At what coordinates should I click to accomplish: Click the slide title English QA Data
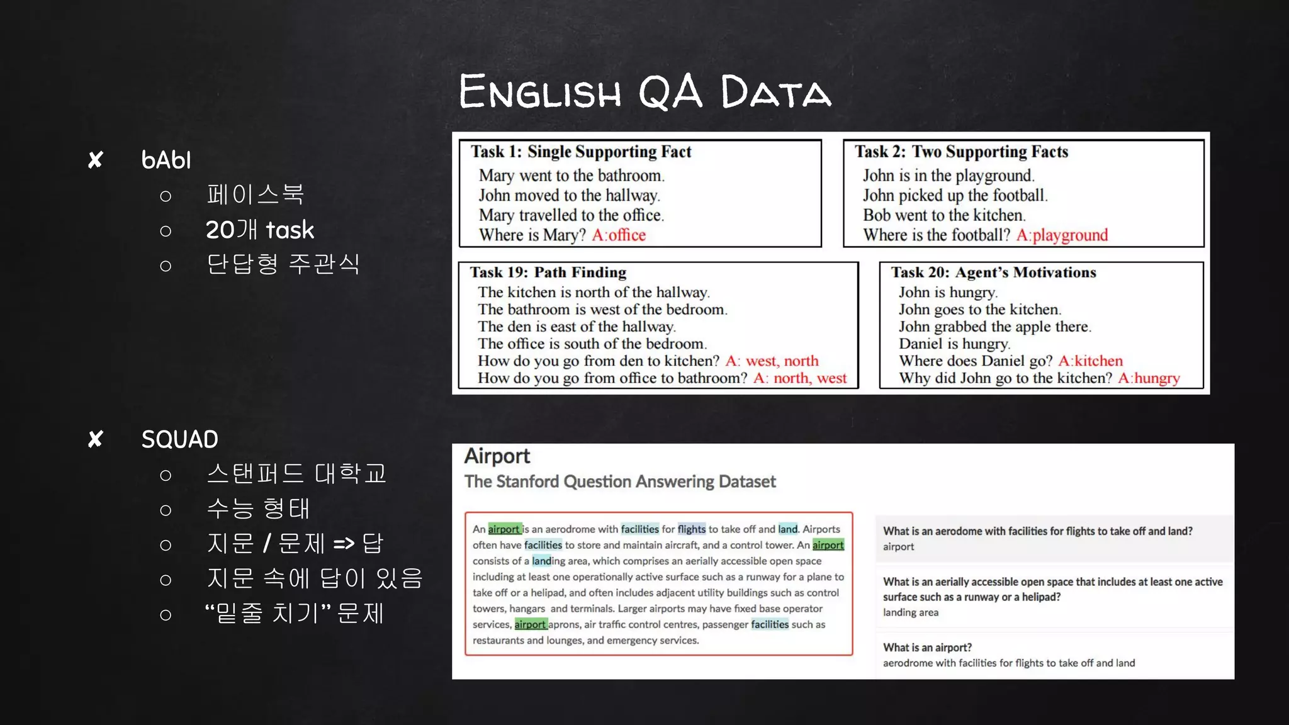click(644, 92)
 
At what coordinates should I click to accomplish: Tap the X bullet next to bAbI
click(96, 160)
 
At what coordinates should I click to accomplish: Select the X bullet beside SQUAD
click(96, 439)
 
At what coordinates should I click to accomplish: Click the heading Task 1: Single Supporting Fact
click(580, 152)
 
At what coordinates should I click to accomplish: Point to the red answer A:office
click(619, 235)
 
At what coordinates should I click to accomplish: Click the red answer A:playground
click(1062, 235)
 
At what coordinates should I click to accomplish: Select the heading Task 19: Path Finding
click(548, 273)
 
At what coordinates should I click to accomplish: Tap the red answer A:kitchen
click(1090, 361)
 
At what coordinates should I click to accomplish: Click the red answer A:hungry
click(1149, 378)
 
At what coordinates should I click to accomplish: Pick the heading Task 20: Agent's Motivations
click(993, 273)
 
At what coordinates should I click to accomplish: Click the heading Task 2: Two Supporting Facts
click(961, 152)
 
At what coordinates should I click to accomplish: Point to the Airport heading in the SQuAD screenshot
click(497, 456)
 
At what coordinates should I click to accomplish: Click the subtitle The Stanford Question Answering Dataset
click(620, 481)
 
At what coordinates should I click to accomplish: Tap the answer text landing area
click(910, 612)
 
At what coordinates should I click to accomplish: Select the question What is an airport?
click(927, 647)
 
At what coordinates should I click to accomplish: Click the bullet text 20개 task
click(259, 230)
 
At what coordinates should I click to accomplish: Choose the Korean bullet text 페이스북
click(256, 194)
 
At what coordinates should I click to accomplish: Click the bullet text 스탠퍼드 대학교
click(296, 473)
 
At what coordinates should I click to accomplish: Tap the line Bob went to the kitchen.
click(944, 215)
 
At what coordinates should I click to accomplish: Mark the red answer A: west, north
click(772, 361)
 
